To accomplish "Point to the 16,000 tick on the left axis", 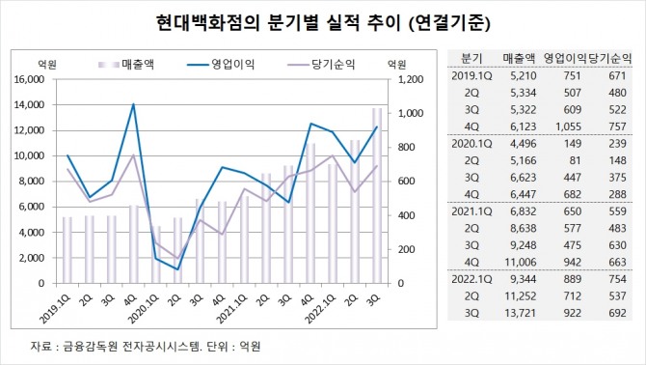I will tap(29, 79).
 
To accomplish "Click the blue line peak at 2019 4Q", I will tap(132, 104).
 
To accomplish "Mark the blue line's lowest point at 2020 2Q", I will tap(176, 269).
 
